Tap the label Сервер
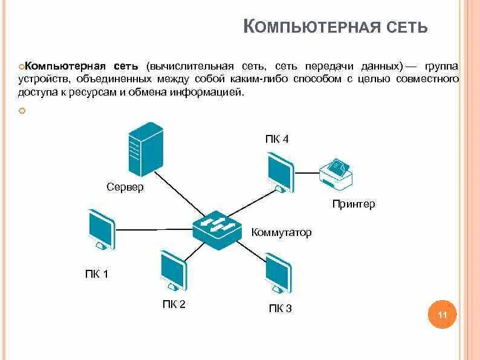click(x=125, y=187)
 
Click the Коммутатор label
click(x=282, y=232)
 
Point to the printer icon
click(x=336, y=173)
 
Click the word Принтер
click(x=354, y=204)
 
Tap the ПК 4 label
click(x=277, y=139)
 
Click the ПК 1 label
click(x=97, y=274)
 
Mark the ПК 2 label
click(x=174, y=304)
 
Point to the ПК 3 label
click(x=281, y=309)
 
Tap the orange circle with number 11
click(x=443, y=315)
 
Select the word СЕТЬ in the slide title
click(x=404, y=27)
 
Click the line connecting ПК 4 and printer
click(x=307, y=171)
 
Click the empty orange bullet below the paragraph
click(x=22, y=111)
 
